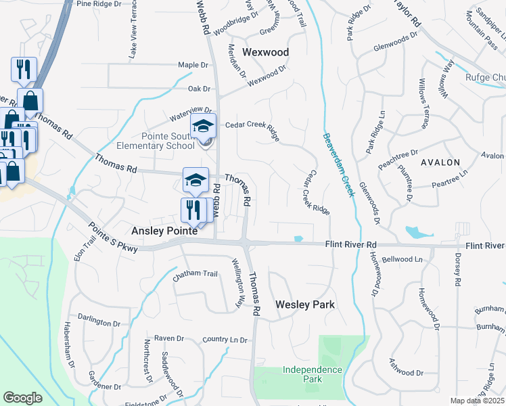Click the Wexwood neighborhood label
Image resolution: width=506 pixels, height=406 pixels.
(x=265, y=52)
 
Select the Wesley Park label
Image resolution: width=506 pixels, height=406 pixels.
(x=305, y=304)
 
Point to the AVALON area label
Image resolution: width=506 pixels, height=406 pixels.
(x=440, y=162)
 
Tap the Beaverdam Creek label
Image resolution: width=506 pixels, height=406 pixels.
(x=338, y=164)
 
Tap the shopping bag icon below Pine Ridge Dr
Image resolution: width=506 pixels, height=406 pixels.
(x=30, y=101)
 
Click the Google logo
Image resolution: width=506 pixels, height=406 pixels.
(x=22, y=398)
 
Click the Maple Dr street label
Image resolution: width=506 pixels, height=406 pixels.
(x=193, y=65)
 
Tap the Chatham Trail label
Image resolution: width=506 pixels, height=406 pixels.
(x=195, y=274)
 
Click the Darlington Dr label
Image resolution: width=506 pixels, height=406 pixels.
(x=94, y=318)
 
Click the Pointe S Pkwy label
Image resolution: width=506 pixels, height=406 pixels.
(x=112, y=238)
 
